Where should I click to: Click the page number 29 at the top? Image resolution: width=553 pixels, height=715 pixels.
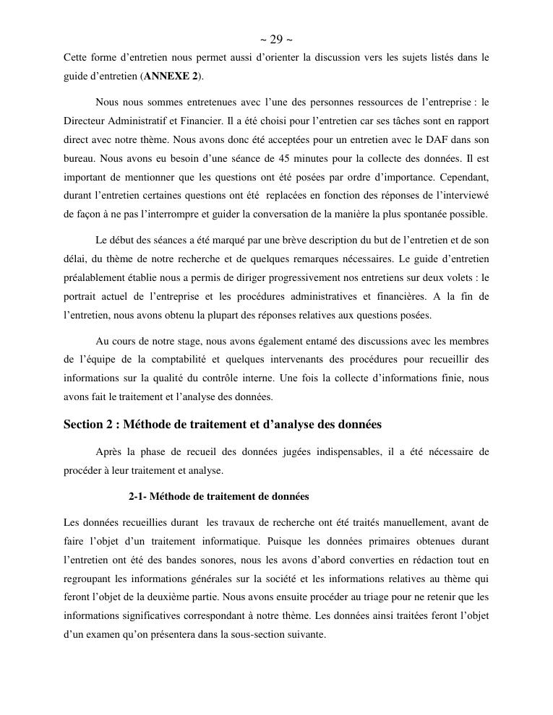(275, 39)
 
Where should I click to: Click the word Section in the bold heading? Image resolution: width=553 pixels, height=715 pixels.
(84, 425)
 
